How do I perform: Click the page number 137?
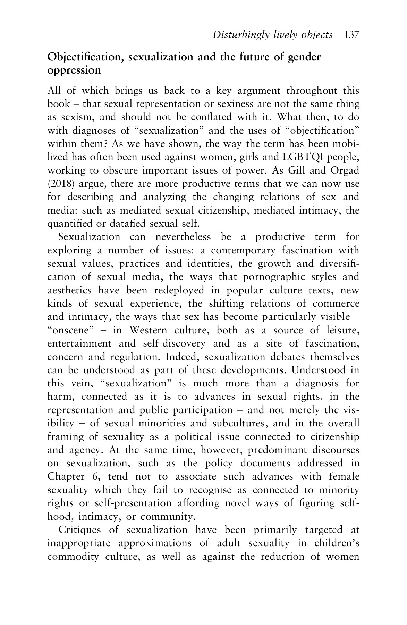(x=352, y=35)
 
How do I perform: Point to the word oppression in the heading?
(x=74, y=70)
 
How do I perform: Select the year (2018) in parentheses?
(x=58, y=184)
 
